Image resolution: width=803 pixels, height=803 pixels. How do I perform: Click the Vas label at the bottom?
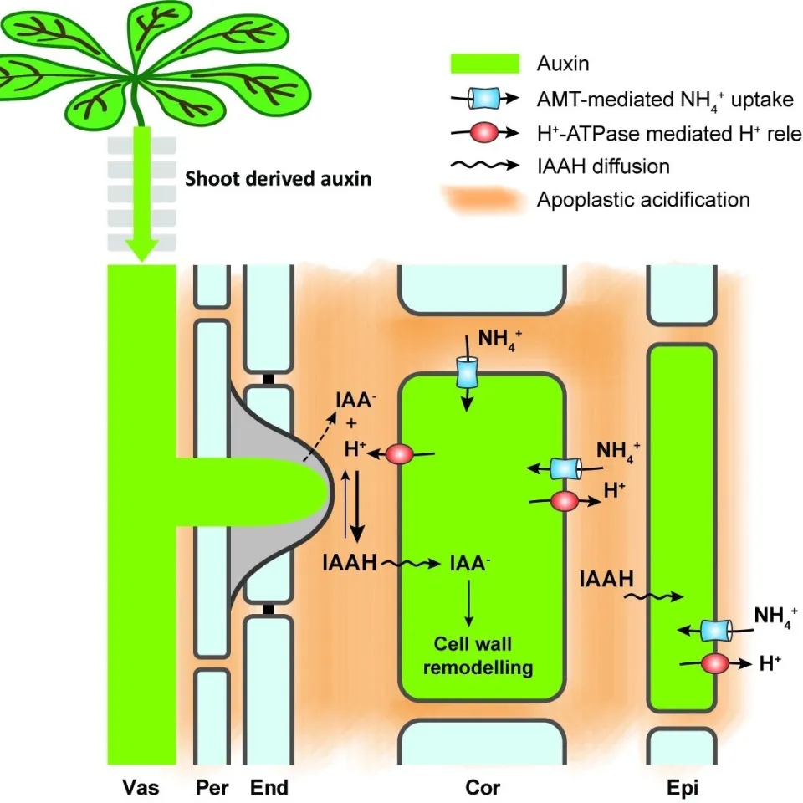click(141, 787)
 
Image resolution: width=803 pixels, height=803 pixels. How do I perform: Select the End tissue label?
click(269, 787)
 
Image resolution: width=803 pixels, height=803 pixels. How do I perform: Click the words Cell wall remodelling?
click(473, 656)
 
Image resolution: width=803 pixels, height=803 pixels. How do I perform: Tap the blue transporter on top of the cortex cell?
click(467, 371)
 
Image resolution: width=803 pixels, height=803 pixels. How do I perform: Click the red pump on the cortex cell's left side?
click(401, 454)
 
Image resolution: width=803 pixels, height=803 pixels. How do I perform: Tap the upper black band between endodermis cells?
click(268, 380)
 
